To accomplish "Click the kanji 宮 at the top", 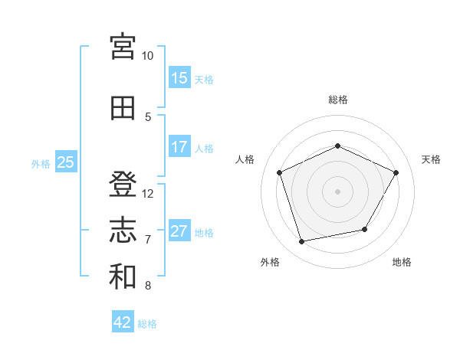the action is point(123,47).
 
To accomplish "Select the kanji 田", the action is point(123,108).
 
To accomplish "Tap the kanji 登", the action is point(123,184).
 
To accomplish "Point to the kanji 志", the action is point(123,230).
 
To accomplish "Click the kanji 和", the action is point(123,277).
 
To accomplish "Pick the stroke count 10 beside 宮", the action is point(147,56).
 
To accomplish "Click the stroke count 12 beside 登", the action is point(147,194).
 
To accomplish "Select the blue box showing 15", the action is point(179,77).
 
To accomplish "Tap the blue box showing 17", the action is point(179,146).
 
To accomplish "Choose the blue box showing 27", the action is point(179,230).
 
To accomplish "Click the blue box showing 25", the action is point(66,162).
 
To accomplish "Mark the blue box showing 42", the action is point(123,321).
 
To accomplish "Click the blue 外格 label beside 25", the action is point(41,164).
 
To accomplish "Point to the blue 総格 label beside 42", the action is point(147,324).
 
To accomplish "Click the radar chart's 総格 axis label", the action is point(338,100).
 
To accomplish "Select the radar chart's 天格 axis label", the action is point(431,159).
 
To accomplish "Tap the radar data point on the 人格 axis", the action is point(279,172).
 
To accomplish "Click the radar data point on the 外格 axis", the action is point(301,242).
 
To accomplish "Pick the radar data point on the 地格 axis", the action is point(365,229).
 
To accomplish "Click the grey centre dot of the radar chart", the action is point(337,191).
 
